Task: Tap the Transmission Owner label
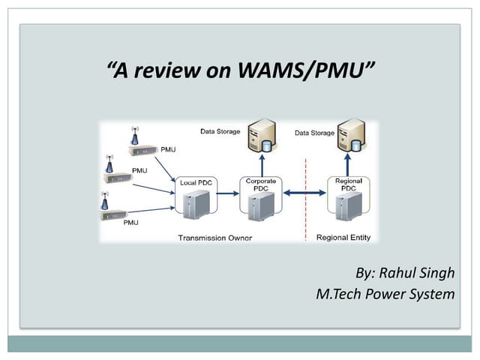tap(214, 238)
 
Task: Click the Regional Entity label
tap(343, 238)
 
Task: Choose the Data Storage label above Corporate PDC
tap(220, 132)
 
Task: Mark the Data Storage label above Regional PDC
tap(314, 133)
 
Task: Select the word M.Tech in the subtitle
tap(340, 293)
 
